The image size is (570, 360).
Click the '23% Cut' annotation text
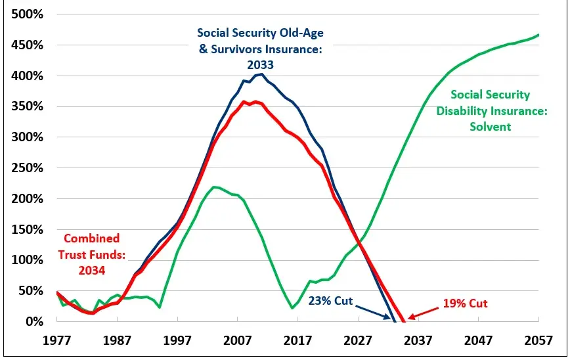point(330,302)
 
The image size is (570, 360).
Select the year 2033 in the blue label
point(261,65)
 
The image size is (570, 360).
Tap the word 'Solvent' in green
point(490,126)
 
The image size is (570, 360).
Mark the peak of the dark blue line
point(261,74)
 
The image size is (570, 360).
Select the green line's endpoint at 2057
point(538,35)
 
